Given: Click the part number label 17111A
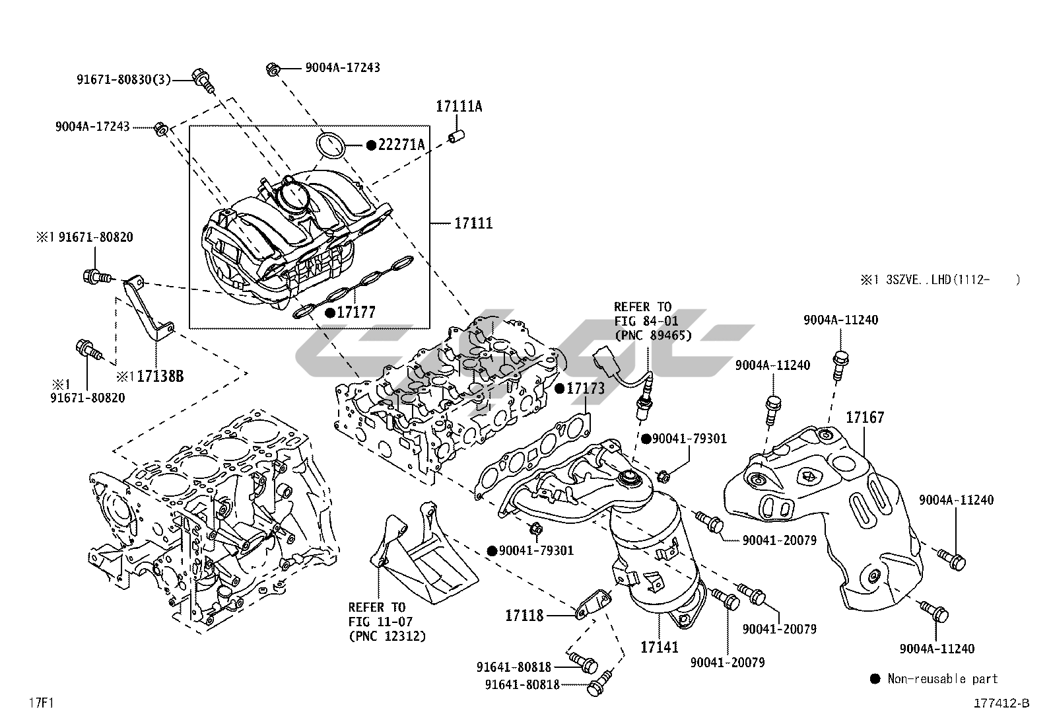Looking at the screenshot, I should (x=458, y=106).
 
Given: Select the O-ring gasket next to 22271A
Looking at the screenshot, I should (x=330, y=145).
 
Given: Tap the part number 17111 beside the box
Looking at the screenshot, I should (x=473, y=224).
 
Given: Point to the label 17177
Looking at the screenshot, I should (x=356, y=312).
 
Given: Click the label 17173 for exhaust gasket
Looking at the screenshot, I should (x=585, y=388).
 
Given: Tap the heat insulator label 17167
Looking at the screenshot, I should (x=865, y=417).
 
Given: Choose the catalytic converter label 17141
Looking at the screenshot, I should (x=659, y=647).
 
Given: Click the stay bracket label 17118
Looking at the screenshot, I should (x=524, y=616).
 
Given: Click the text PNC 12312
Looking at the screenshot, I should (x=387, y=636).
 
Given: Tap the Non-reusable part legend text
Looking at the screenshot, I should (x=942, y=678).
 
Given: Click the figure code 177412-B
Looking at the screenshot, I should (x=1001, y=703).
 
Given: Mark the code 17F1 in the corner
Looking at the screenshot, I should (x=40, y=702).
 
